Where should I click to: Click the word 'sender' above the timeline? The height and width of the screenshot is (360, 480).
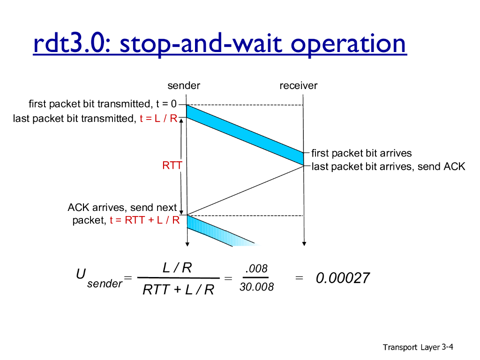(x=184, y=85)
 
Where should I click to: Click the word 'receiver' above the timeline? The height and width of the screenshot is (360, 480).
(x=299, y=85)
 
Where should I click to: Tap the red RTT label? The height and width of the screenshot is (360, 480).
(x=172, y=165)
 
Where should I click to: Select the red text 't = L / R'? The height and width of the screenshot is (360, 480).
(x=158, y=118)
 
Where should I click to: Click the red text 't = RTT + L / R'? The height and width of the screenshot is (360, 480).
(x=145, y=220)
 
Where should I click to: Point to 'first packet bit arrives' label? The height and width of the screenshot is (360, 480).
(x=361, y=153)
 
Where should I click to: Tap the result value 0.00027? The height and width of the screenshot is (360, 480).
(x=343, y=278)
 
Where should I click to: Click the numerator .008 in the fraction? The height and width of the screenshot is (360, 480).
(x=256, y=269)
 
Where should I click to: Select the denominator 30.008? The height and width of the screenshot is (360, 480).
(x=256, y=287)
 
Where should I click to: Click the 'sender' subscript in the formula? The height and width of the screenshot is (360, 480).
(x=105, y=284)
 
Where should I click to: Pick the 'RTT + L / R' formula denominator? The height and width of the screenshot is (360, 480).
(x=178, y=289)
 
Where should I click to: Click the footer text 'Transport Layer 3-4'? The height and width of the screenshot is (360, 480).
(x=418, y=347)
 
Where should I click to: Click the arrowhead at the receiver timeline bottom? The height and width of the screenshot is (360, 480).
(x=304, y=244)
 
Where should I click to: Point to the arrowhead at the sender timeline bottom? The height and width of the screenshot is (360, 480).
(x=187, y=244)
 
